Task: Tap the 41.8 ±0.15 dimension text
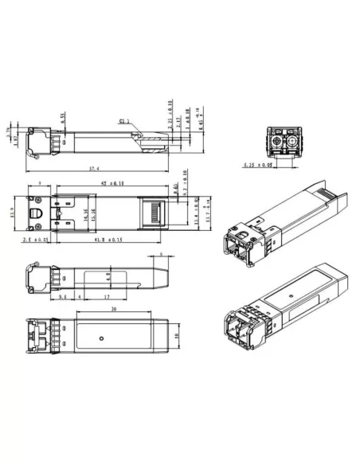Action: (x=109, y=240)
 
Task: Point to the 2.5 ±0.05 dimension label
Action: (x=36, y=240)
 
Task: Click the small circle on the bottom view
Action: (x=100, y=337)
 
